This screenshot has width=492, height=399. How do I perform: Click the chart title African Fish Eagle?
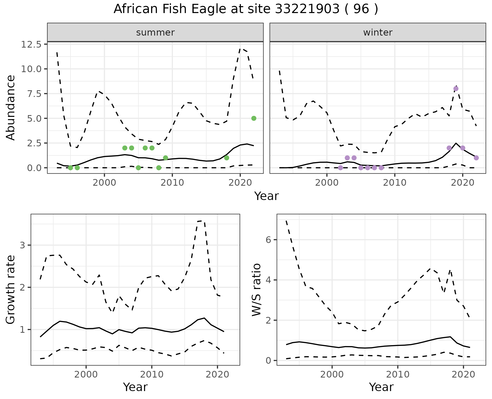246,9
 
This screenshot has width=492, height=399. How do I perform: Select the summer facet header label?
155,32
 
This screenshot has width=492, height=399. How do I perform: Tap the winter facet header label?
378,32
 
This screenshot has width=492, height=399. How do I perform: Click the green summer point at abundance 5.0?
254,118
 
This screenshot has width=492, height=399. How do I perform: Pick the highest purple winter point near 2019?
456,89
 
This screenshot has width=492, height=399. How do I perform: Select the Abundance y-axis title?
11,108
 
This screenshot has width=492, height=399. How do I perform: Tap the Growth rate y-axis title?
11,290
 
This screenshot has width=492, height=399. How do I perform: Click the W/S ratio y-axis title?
257,290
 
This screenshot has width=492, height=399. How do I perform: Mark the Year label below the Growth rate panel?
135,387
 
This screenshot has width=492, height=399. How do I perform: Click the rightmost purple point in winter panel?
476,158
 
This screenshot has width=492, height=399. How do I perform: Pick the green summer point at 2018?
227,158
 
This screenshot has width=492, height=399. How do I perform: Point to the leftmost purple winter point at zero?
340,168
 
